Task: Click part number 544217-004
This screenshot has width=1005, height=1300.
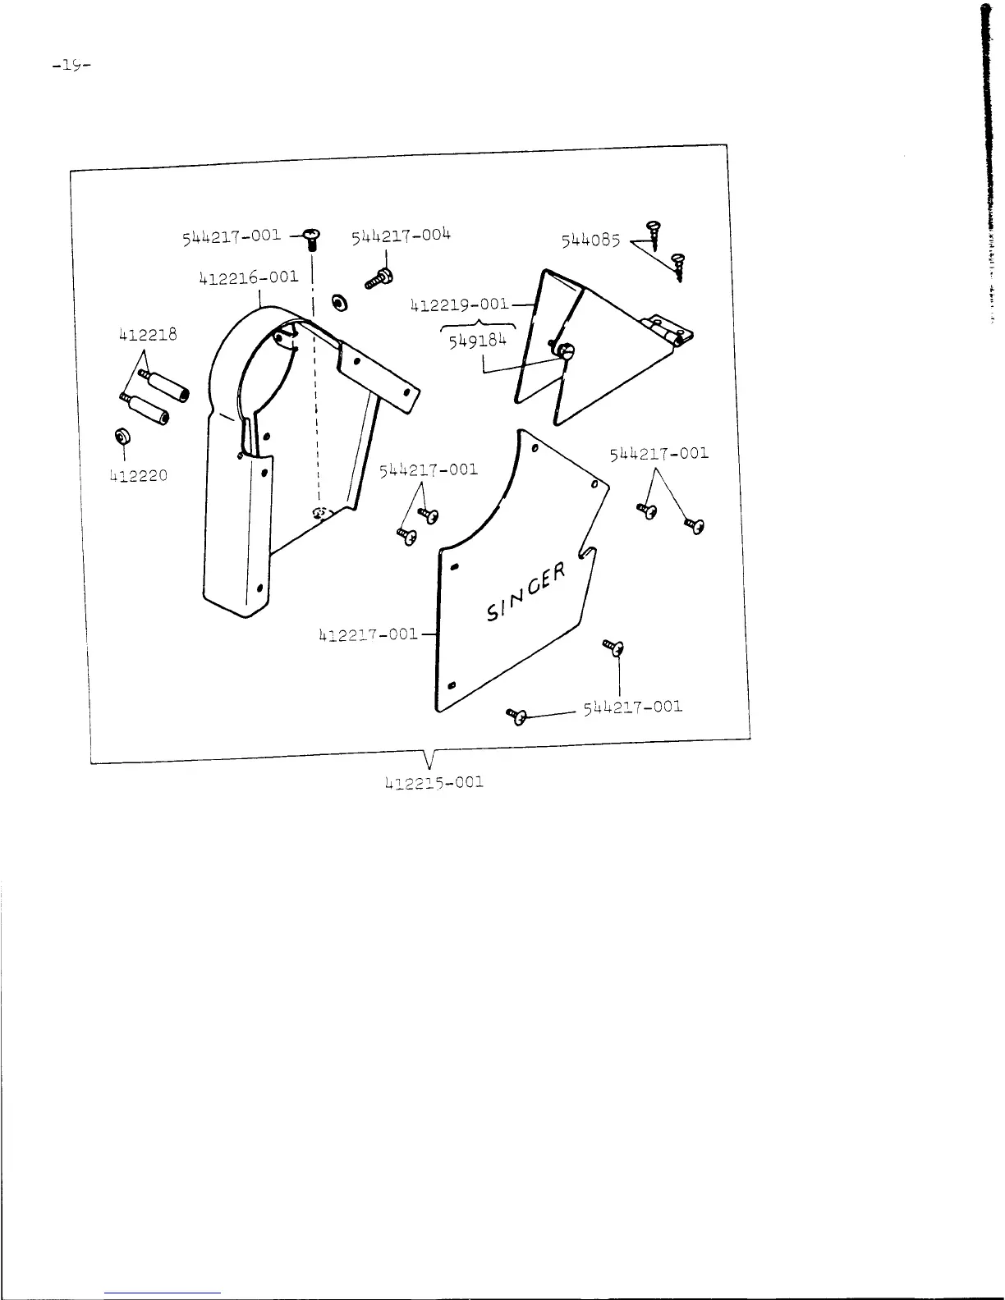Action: pos(402,237)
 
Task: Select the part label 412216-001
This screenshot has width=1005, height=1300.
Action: pos(249,277)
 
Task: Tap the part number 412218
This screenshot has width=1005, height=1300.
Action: pos(148,335)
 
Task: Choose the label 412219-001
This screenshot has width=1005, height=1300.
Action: pos(459,304)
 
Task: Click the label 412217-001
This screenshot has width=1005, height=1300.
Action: pos(368,634)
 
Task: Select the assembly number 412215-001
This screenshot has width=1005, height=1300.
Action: pos(434,781)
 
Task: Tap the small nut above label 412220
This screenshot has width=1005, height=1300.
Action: pos(122,437)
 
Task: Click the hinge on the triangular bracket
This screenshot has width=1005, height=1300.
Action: pos(670,330)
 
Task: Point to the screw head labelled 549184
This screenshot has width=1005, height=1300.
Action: pos(566,351)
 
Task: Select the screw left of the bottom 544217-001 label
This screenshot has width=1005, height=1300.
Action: pos(516,716)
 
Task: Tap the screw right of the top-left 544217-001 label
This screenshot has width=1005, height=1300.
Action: pos(312,238)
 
